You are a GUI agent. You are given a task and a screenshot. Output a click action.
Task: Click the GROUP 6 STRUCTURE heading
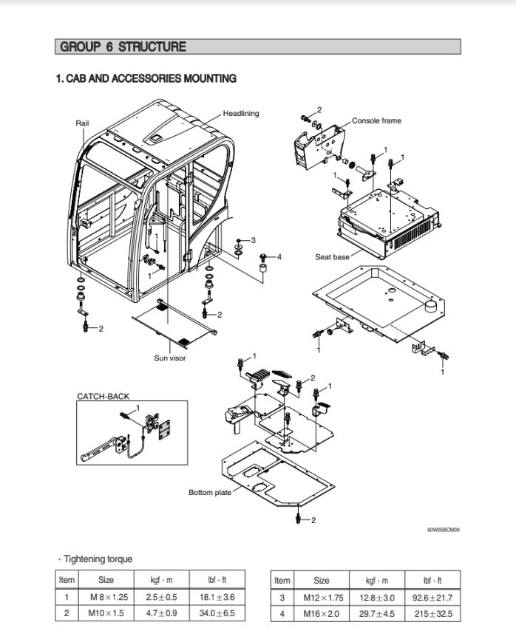(x=123, y=47)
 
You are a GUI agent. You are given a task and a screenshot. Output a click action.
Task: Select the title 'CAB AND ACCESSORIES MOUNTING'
(x=146, y=78)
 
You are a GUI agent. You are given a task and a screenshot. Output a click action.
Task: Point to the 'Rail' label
(x=82, y=123)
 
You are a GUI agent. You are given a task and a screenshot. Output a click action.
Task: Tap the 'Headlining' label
(x=241, y=114)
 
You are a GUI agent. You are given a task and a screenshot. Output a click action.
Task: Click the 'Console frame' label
(x=376, y=120)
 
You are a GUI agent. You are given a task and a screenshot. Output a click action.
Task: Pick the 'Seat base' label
(x=333, y=257)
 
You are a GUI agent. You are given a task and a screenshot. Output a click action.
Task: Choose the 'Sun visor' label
(x=170, y=358)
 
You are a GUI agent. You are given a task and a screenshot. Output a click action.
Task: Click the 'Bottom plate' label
(x=210, y=492)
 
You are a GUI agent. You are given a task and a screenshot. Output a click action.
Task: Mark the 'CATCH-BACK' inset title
(x=103, y=396)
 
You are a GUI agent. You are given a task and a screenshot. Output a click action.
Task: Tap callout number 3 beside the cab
(x=253, y=240)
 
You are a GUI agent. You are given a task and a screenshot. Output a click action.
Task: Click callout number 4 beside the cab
(x=279, y=256)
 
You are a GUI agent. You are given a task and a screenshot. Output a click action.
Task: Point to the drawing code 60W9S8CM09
(x=443, y=529)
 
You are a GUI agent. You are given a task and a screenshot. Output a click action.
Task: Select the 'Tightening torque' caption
(x=97, y=559)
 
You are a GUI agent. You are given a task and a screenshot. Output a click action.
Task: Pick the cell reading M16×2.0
(x=322, y=613)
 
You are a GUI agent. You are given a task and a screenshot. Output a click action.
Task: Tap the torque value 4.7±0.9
(x=156, y=613)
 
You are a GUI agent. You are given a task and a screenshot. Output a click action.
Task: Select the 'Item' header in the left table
(x=67, y=580)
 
